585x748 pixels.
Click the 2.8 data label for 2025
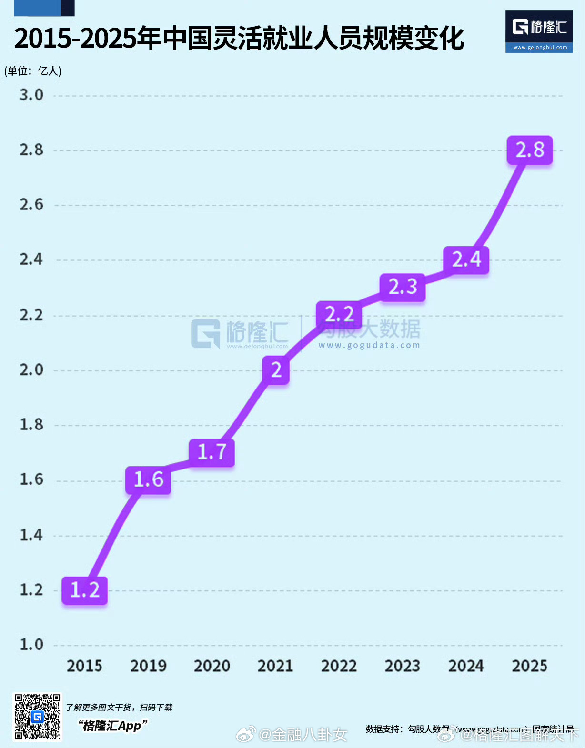[529, 150]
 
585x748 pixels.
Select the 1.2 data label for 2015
[85, 590]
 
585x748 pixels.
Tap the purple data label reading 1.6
[148, 479]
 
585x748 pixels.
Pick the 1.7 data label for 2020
[212, 452]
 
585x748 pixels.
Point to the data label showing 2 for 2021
[276, 370]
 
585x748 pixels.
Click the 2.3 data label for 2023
[403, 287]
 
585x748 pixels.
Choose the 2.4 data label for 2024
[466, 259]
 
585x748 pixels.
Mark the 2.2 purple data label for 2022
[339, 314]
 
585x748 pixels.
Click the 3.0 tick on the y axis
[31, 95]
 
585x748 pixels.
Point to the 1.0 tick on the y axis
[31, 645]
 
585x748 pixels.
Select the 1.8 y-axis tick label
[31, 425]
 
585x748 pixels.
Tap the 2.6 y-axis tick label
[31, 205]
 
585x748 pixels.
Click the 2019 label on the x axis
[148, 666]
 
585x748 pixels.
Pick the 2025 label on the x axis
[529, 666]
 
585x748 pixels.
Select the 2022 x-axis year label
[339, 666]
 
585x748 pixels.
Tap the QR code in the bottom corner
[37, 717]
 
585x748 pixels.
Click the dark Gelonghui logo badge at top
[539, 31]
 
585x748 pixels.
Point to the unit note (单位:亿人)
[33, 71]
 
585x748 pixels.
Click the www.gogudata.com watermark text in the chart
[369, 345]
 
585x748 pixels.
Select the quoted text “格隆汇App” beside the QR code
[112, 726]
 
